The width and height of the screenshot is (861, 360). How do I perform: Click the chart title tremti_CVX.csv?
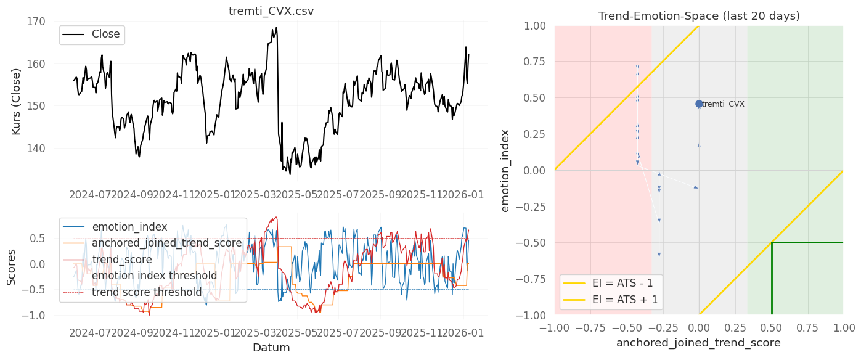coord(272,12)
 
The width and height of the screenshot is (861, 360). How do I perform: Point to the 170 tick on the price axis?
coord(37,22)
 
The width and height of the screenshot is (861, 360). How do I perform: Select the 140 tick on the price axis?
coord(37,149)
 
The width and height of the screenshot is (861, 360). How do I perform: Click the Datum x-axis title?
coord(271,348)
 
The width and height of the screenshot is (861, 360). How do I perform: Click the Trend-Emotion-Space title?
coord(699,16)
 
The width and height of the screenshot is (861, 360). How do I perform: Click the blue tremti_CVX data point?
coord(699,104)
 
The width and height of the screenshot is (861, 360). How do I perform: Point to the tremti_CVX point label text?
coord(723,104)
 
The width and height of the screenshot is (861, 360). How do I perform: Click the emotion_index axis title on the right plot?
coord(505,170)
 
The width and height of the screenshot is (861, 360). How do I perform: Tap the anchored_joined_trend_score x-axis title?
coord(699,343)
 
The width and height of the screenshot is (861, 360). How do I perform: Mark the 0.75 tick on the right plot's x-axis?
coord(807,326)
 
